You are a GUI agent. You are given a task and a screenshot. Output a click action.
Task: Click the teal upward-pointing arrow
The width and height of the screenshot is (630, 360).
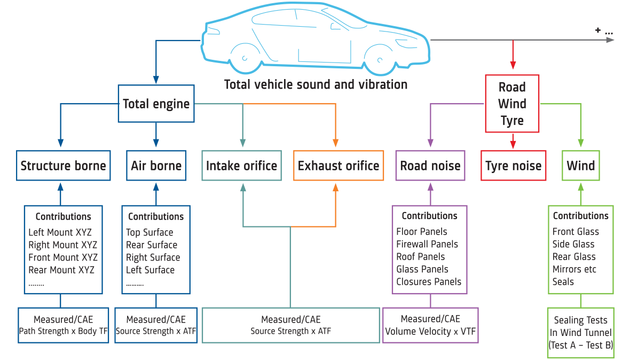coord(243,200)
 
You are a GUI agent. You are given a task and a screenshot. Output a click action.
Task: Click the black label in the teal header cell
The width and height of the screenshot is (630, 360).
coord(243,166)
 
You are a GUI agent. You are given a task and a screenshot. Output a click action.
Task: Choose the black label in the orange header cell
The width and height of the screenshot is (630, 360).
coord(340,166)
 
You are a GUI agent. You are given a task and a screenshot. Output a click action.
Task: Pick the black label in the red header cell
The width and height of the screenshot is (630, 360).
coord(515,169)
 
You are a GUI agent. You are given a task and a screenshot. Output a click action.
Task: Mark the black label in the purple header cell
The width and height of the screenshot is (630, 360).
coord(432,166)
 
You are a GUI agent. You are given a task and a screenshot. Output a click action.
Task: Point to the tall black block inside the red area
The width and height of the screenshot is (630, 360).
coord(518,106)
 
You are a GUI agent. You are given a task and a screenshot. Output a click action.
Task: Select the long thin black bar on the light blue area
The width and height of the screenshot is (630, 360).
coord(327,84)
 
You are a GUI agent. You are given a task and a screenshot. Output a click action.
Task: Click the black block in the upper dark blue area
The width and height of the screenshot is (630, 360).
coord(158,109)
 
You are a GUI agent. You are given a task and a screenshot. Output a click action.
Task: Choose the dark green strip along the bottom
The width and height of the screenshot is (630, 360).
coord(100,351)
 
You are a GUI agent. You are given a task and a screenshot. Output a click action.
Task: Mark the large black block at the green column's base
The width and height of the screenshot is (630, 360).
coord(581,336)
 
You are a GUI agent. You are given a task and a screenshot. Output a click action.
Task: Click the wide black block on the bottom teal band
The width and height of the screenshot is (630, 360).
coord(315,328)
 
